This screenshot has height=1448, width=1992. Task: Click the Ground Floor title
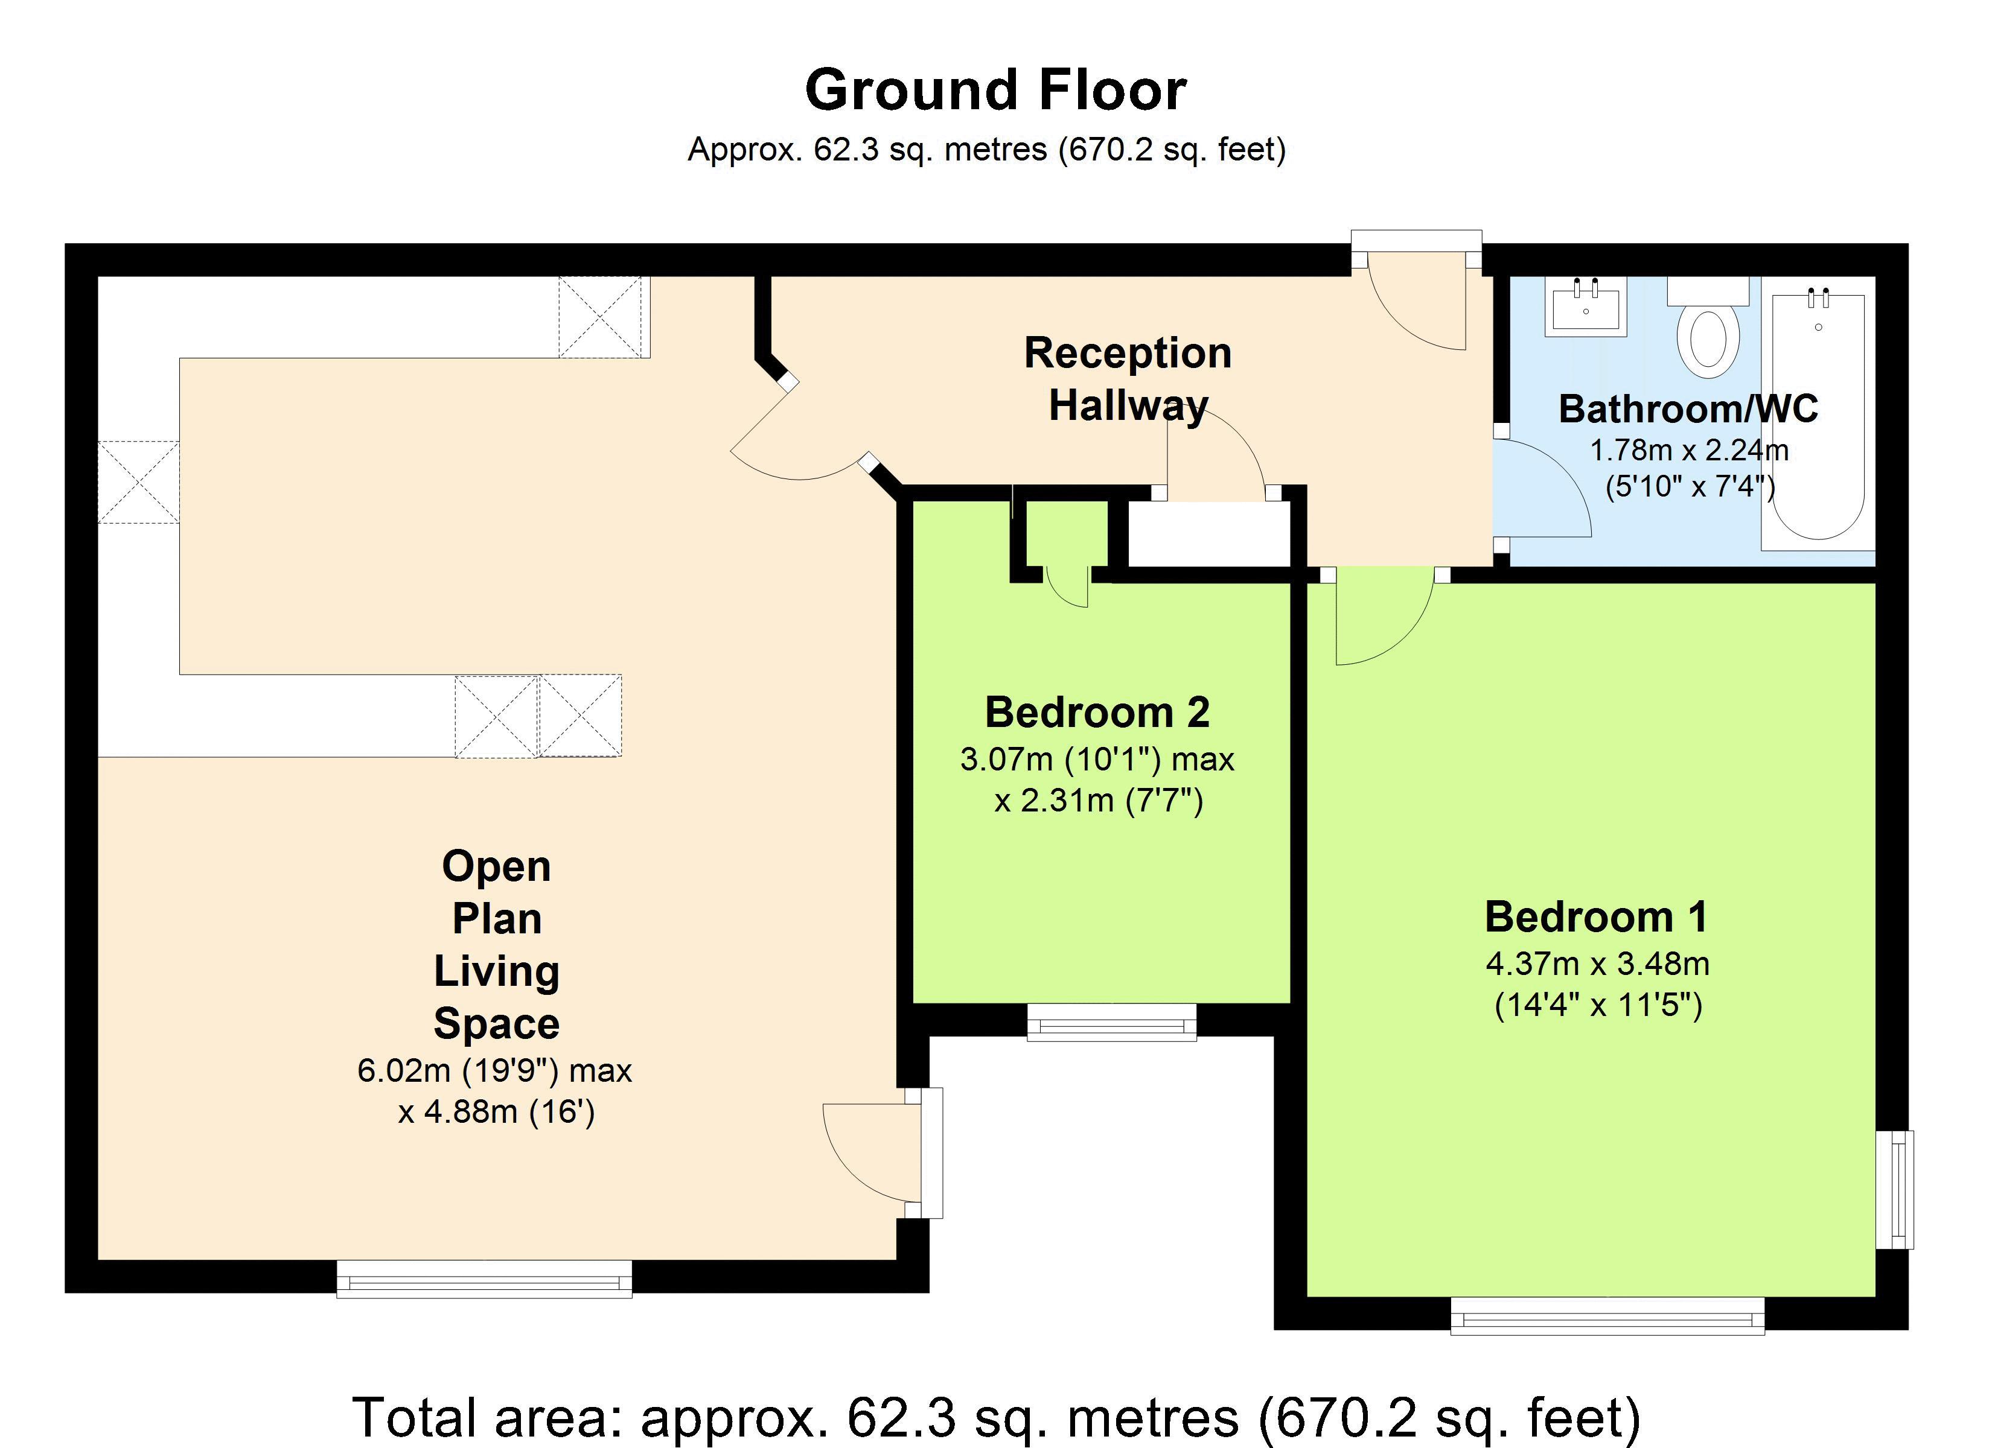(995, 91)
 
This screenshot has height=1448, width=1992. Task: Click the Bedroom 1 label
(1596, 916)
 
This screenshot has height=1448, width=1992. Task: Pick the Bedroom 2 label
(1097, 712)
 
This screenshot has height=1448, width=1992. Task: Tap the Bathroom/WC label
(1687, 409)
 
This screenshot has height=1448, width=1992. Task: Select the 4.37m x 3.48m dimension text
(1597, 964)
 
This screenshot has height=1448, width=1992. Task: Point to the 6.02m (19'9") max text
(494, 1070)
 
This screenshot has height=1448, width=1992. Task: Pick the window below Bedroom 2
(1111, 1022)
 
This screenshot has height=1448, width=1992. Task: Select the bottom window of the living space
(484, 1278)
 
